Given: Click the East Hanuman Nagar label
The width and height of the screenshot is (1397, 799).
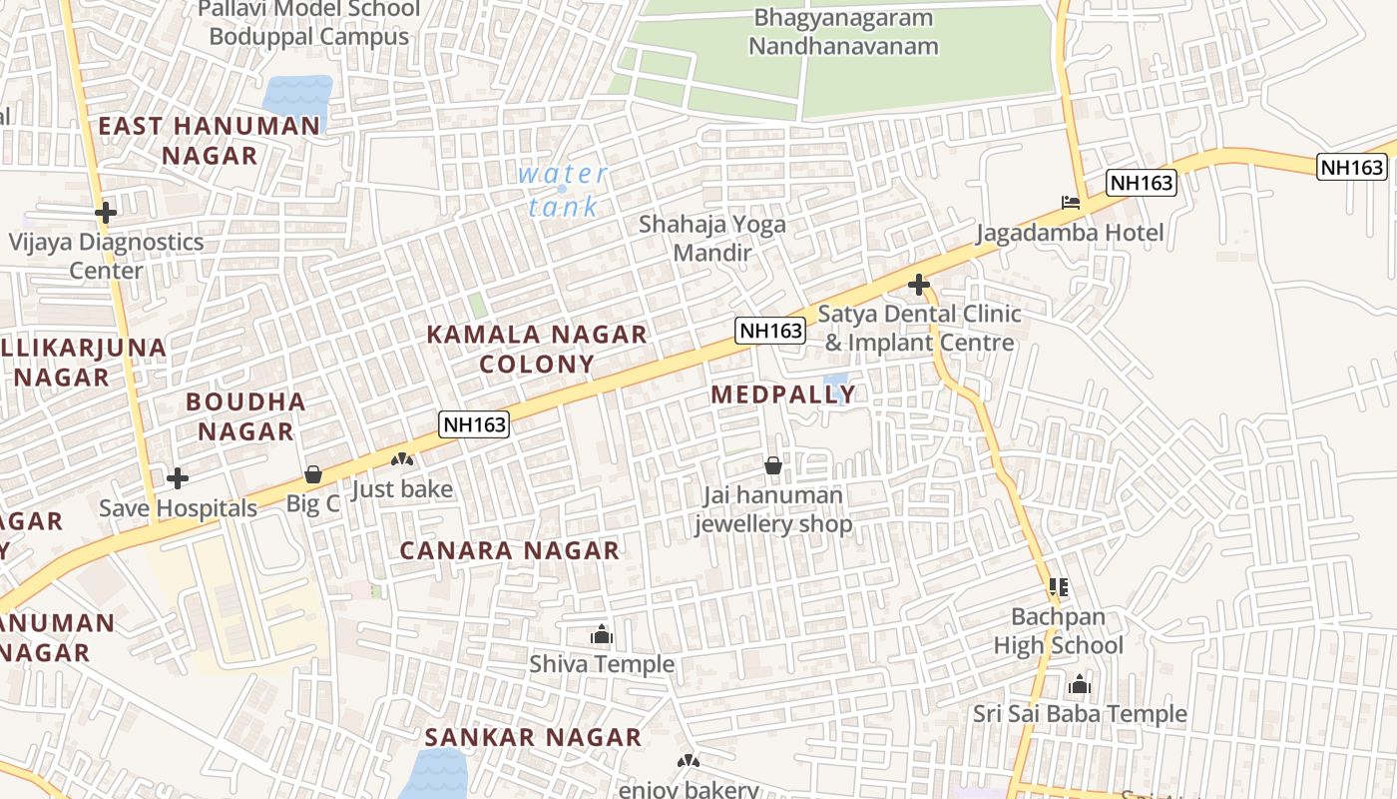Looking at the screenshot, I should (x=210, y=141).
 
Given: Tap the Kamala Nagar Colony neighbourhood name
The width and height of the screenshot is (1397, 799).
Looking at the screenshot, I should (x=537, y=349).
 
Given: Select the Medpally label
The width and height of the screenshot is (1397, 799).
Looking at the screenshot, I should (x=783, y=395).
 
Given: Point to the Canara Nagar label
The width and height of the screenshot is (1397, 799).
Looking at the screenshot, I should (x=510, y=550).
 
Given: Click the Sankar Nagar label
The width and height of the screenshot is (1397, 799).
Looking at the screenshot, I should (x=533, y=737).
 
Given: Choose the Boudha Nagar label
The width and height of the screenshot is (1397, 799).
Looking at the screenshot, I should (x=245, y=416).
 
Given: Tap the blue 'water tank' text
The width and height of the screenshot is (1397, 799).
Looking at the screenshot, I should (x=563, y=190).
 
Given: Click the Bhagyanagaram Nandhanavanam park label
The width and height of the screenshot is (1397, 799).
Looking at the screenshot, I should (x=843, y=32).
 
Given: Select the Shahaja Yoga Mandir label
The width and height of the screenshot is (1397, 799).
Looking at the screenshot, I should (x=712, y=238).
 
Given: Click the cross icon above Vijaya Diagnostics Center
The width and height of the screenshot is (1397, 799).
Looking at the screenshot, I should (x=106, y=212).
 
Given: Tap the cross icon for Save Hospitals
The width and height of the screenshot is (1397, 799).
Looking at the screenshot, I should (x=178, y=478).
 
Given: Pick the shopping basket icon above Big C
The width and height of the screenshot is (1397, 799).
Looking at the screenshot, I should (x=313, y=473).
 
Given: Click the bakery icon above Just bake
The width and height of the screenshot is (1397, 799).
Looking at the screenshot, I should (x=402, y=459).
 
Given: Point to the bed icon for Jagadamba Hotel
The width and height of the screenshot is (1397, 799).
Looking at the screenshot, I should (x=1071, y=203).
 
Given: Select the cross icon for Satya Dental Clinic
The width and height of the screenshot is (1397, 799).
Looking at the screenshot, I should (x=918, y=286).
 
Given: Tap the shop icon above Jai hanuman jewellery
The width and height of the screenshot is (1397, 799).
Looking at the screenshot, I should (x=773, y=465).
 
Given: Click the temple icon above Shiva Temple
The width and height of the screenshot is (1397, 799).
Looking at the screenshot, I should (x=602, y=634).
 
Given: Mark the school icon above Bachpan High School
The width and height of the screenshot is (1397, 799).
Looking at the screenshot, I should (x=1059, y=587).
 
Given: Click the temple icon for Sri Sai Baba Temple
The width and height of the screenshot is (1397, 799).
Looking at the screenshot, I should (x=1080, y=685).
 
